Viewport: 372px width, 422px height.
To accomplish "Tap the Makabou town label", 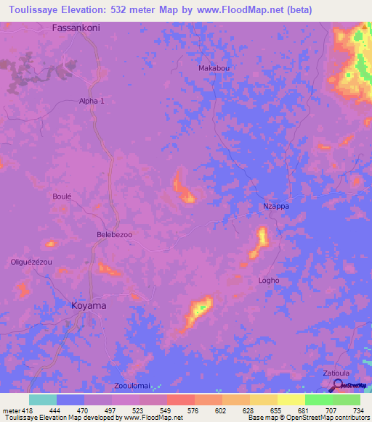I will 214,68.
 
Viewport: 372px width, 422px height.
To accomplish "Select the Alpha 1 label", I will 92,102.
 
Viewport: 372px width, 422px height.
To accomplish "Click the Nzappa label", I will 275,207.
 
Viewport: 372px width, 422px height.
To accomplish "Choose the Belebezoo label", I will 114,235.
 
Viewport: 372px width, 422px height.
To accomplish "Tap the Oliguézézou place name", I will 31,262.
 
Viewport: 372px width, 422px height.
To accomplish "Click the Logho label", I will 269,281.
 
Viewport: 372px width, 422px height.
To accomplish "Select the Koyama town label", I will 89,306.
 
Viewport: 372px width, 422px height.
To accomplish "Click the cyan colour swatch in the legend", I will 42,400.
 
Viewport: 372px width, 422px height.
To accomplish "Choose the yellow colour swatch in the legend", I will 291,400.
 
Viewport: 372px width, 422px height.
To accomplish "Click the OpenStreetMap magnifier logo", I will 336,385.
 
